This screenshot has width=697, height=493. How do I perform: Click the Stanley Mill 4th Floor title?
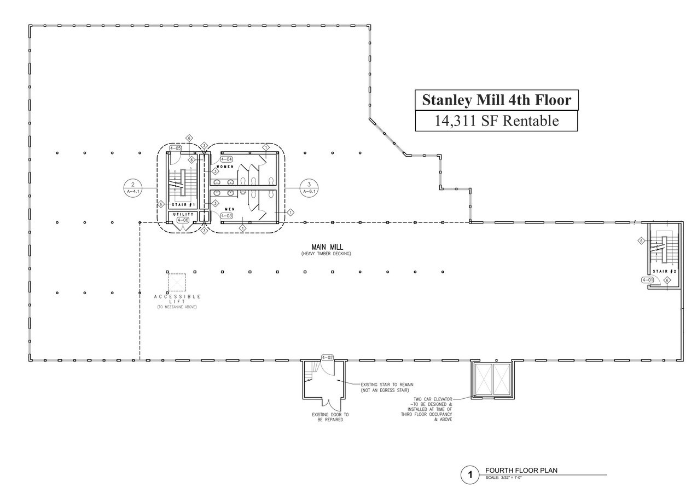pyautogui.click(x=496, y=100)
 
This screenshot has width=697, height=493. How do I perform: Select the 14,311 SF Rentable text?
pyautogui.click(x=496, y=121)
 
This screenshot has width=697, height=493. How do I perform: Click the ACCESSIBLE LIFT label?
pyautogui.click(x=177, y=299)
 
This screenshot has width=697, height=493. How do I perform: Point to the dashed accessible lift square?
pyautogui.click(x=177, y=282)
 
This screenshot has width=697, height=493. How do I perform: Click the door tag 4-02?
pyautogui.click(x=328, y=358)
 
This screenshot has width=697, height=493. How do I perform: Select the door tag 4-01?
pyautogui.click(x=647, y=280)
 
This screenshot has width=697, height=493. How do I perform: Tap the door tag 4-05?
pyautogui.click(x=176, y=148)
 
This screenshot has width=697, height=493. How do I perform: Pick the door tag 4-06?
pyautogui.click(x=182, y=220)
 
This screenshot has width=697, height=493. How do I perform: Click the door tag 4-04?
pyautogui.click(x=226, y=159)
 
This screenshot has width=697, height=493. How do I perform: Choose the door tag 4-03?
pyautogui.click(x=226, y=216)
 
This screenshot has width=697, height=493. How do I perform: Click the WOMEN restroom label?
pyautogui.click(x=225, y=167)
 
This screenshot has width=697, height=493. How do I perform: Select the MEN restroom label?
pyautogui.click(x=230, y=209)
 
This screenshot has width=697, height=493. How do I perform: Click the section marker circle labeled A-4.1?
pyautogui.click(x=133, y=187)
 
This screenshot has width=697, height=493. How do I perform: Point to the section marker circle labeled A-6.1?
pyautogui.click(x=309, y=187)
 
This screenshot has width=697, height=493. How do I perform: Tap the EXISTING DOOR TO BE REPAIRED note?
pyautogui.click(x=330, y=417)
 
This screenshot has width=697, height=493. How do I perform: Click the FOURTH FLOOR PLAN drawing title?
pyautogui.click(x=521, y=471)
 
